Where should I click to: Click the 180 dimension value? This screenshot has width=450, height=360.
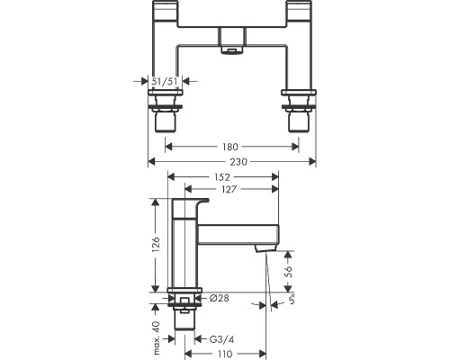click(x=230, y=147)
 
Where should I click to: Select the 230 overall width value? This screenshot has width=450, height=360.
click(x=238, y=162)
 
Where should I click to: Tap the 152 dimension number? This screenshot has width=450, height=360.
click(x=222, y=177)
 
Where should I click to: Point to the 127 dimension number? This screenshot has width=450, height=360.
click(x=229, y=189)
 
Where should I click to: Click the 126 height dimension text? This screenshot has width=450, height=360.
click(x=156, y=244)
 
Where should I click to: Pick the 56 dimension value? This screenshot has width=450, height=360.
click(x=288, y=271)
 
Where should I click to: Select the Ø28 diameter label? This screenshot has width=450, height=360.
click(x=220, y=298)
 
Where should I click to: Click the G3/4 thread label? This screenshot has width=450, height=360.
click(x=221, y=339)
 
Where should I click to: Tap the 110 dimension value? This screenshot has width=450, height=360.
click(x=225, y=354)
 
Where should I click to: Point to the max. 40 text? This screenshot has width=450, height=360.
click(x=156, y=337)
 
